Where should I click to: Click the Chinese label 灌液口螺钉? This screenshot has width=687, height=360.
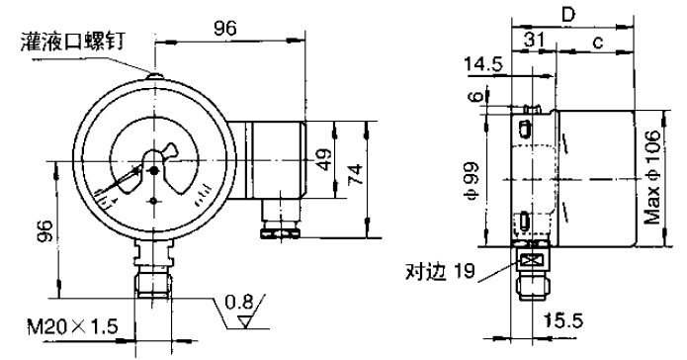pyautogui.click(x=73, y=42)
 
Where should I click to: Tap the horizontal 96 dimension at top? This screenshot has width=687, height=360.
pyautogui.click(x=225, y=29)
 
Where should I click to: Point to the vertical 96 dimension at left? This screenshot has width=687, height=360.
pyautogui.click(x=45, y=230)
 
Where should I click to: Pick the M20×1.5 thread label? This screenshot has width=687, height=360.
pyautogui.click(x=73, y=326)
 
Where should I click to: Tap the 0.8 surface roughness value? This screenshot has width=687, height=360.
pyautogui.click(x=239, y=302)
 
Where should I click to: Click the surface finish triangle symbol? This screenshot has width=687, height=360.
pyautogui.click(x=246, y=322)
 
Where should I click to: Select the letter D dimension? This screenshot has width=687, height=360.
pyautogui.click(x=567, y=16)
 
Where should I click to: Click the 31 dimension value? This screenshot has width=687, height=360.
pyautogui.click(x=535, y=40)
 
